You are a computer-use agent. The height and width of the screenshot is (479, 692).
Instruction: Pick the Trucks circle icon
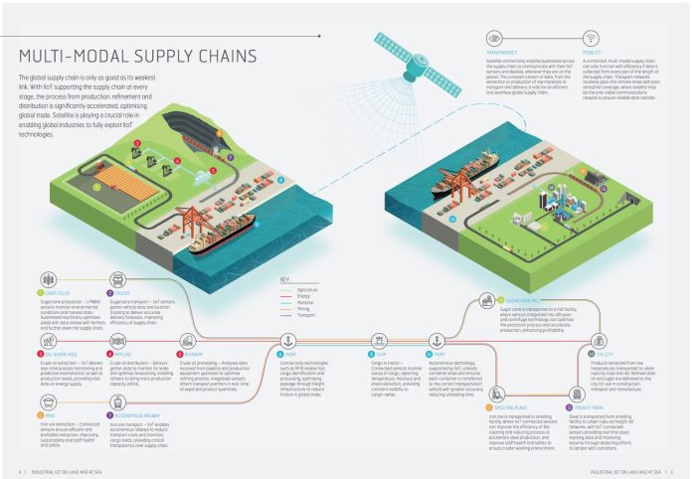(x=97, y=294)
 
